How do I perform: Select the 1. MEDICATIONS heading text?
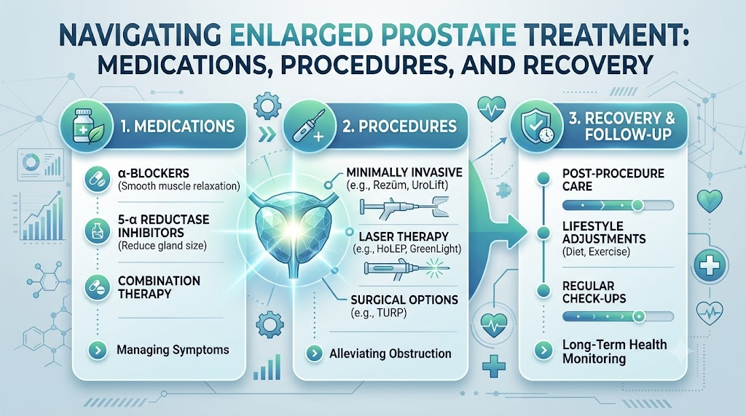tap(178, 127)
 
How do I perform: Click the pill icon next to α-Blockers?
tap(97, 180)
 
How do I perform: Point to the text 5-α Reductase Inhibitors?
tap(164, 226)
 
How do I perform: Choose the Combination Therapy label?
tap(159, 287)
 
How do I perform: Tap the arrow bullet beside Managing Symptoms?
tap(98, 351)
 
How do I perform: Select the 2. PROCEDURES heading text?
tap(399, 127)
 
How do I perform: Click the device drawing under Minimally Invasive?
tap(404, 207)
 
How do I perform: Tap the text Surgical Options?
tap(404, 300)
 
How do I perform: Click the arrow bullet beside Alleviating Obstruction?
tap(314, 353)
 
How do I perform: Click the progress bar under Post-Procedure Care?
tap(618, 205)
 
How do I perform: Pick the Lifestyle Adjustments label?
tap(604, 232)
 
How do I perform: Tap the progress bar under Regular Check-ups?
tap(618, 316)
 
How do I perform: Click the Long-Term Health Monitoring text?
tap(614, 351)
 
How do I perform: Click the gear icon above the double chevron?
tap(267, 105)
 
